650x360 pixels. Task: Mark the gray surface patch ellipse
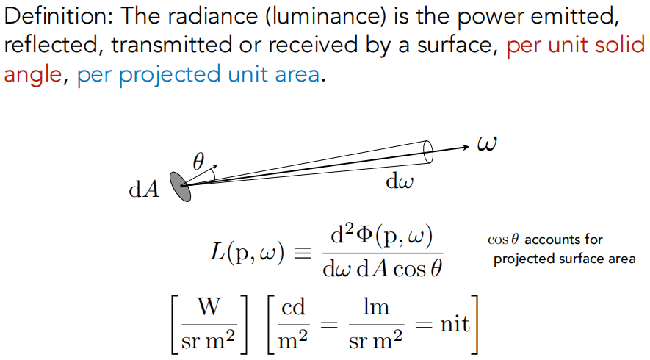181,186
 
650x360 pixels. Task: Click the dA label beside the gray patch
144,190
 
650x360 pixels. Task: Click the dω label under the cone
399,182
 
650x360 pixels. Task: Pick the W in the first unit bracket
209,308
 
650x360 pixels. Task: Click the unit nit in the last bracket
455,323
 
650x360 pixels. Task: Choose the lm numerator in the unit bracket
376,308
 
